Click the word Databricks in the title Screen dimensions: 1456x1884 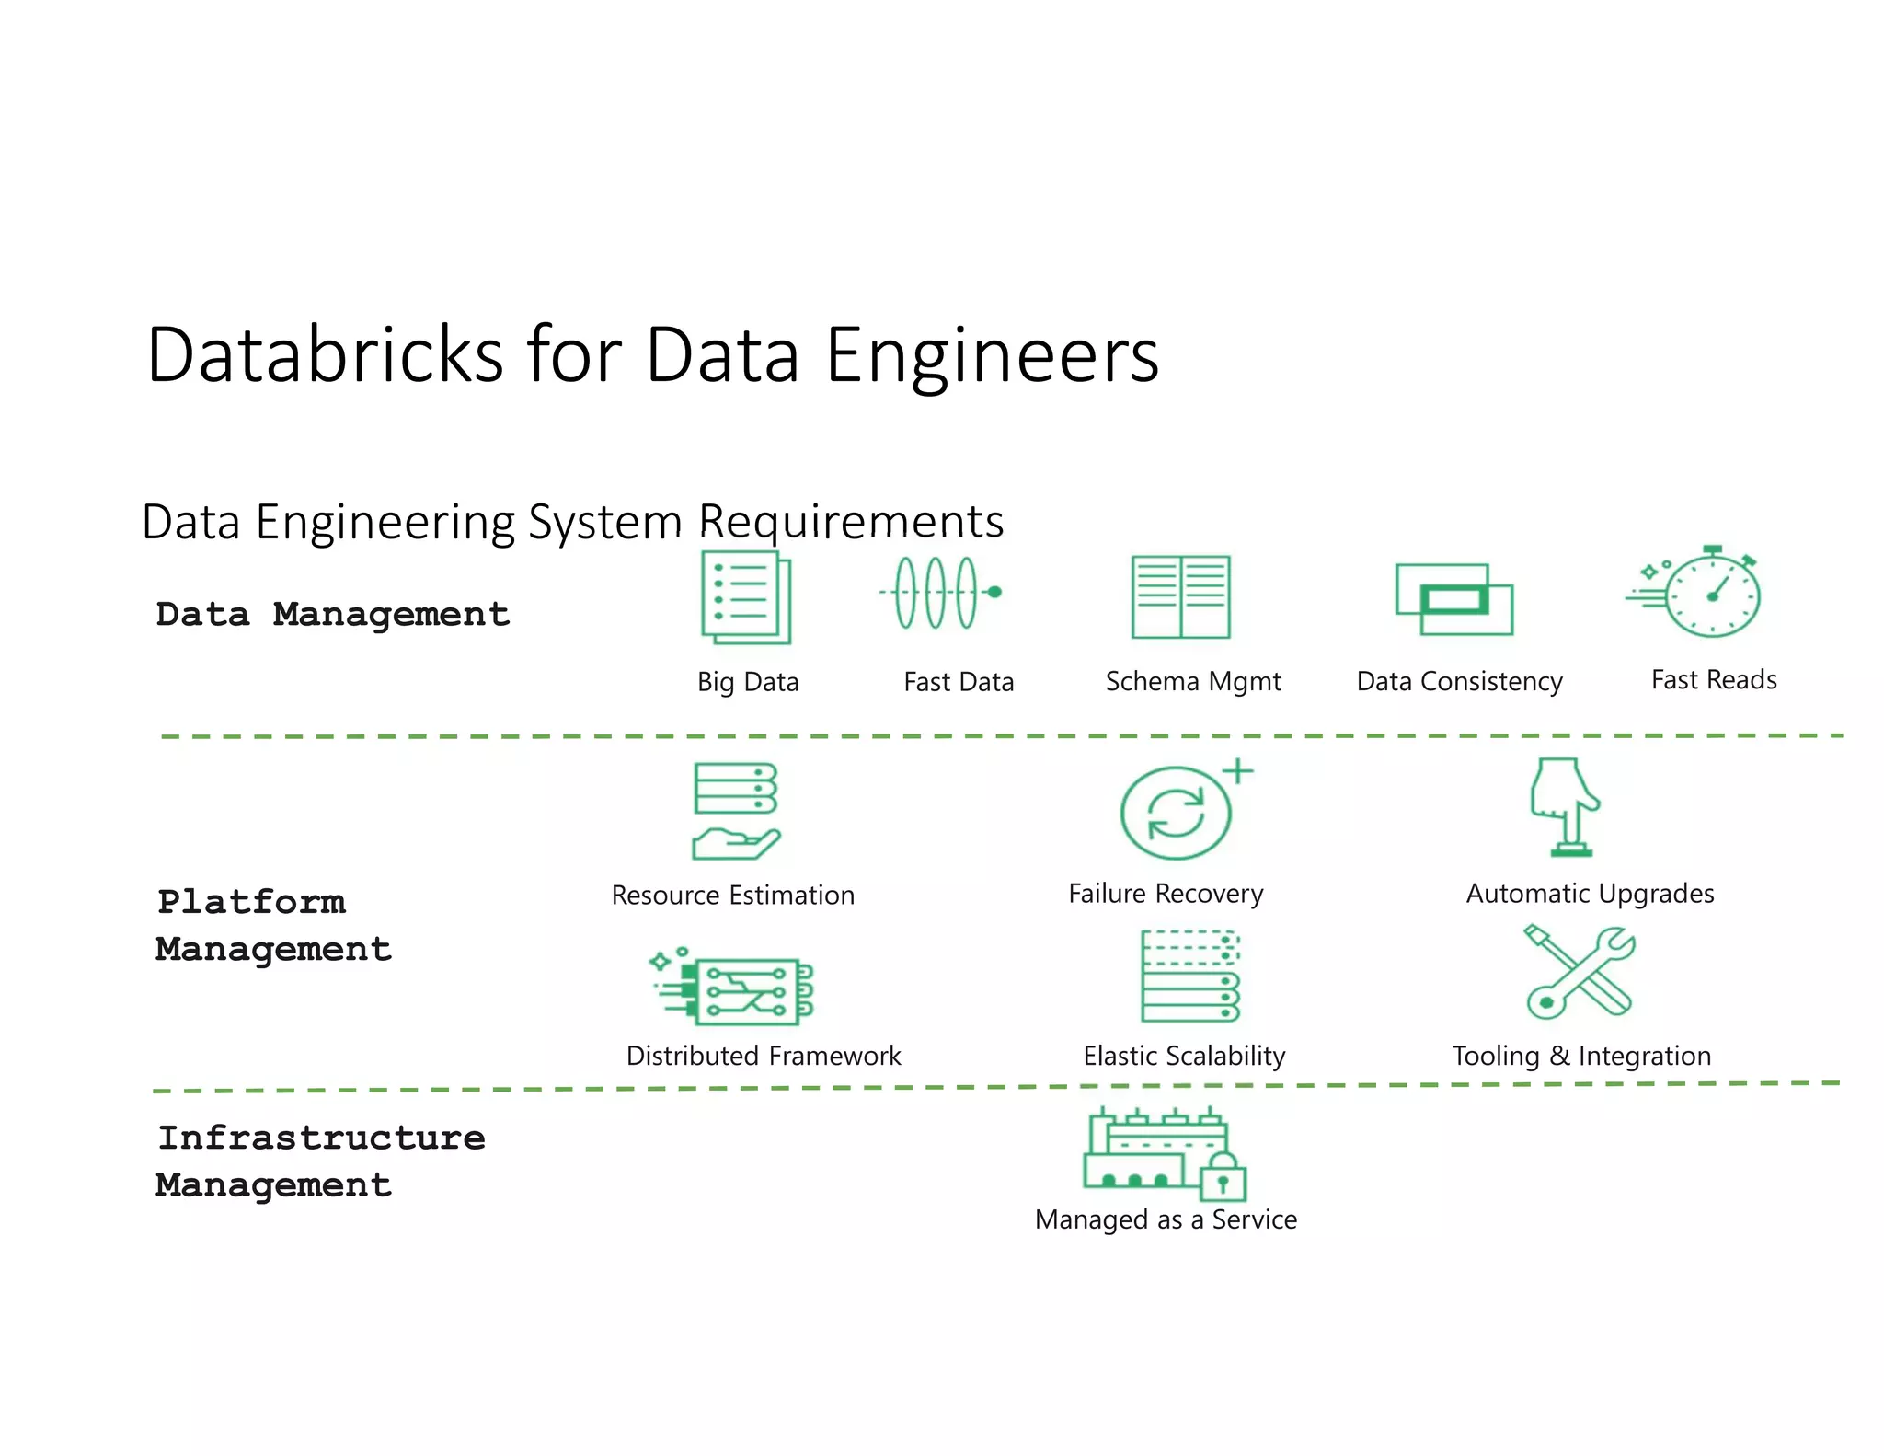coord(325,354)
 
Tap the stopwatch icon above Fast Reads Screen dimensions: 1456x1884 coord(1710,595)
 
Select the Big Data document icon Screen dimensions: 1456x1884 coord(745,596)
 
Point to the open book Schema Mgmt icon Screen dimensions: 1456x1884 coord(1180,596)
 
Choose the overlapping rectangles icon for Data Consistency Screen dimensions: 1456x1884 coord(1453,599)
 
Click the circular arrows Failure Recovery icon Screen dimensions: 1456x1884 coord(1176,814)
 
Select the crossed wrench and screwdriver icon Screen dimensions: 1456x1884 coord(1580,972)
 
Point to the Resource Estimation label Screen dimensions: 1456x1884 coord(733,895)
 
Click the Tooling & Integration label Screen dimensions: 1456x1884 coord(1581,1056)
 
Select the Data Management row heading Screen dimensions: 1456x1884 coord(332,614)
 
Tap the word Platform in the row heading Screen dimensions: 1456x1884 coord(251,901)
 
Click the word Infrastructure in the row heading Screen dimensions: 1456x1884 coord(321,1138)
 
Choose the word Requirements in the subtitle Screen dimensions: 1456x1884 coord(851,522)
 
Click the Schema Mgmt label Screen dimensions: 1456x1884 coord(1193,681)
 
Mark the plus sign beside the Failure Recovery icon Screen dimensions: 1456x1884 coord(1238,770)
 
